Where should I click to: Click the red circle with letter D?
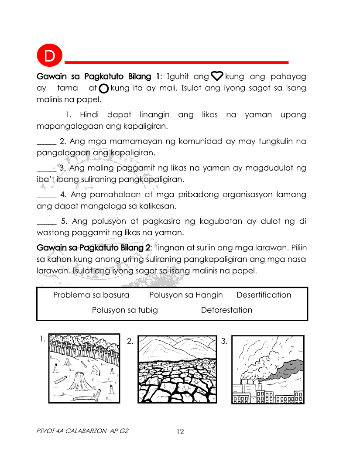[x=49, y=56]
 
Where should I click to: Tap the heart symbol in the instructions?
[x=217, y=77]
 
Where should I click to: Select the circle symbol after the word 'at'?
[x=104, y=89]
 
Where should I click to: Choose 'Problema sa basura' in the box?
[x=91, y=295]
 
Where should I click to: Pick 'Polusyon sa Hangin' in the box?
[x=186, y=295]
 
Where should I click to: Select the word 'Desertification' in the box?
[x=264, y=295]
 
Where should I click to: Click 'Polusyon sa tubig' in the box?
[x=125, y=310]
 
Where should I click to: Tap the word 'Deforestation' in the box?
[x=226, y=310]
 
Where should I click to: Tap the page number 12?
[x=180, y=432]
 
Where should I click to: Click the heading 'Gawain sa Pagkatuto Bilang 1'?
[x=99, y=77]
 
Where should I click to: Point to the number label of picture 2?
[x=130, y=341]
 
